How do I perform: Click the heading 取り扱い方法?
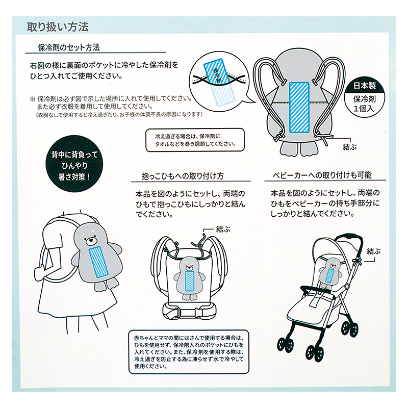(x=58, y=27)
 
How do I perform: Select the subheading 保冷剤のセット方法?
(x=69, y=47)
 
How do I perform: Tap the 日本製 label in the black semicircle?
(x=364, y=85)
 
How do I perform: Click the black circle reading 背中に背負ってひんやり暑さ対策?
(x=74, y=164)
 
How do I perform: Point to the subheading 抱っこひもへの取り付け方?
(x=183, y=176)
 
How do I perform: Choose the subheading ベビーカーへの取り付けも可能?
(x=322, y=175)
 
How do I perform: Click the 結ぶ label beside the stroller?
(x=374, y=251)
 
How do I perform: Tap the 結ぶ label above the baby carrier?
(x=223, y=229)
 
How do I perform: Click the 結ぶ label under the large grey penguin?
(x=350, y=147)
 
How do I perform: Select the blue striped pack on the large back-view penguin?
(x=299, y=107)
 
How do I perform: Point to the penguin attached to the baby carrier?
(x=190, y=278)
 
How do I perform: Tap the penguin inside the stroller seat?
(x=330, y=273)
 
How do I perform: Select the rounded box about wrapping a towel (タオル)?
(x=195, y=140)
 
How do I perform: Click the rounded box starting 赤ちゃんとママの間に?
(x=189, y=352)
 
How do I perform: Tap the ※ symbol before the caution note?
(x=33, y=99)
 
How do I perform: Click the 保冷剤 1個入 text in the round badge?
(x=364, y=104)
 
